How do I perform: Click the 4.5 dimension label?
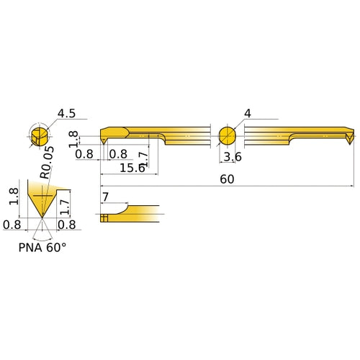(x=67, y=114)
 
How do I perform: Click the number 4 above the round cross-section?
(x=248, y=114)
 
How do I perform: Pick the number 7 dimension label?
(x=106, y=197)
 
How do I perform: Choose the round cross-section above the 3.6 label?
(x=227, y=136)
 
